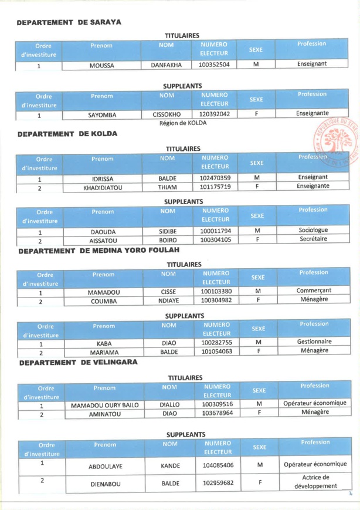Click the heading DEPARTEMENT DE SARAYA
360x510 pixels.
click(x=69, y=23)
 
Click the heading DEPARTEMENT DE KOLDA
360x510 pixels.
click(x=65, y=136)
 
